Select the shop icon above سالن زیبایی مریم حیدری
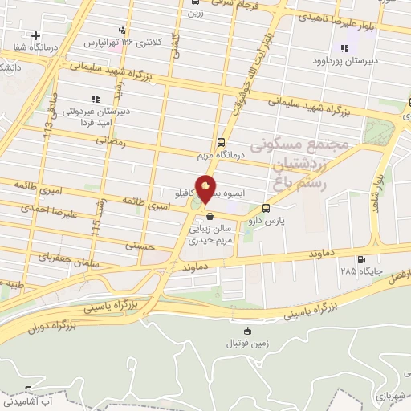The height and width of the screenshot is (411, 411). pos(210,217)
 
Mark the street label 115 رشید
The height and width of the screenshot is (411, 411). pos(97,216)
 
